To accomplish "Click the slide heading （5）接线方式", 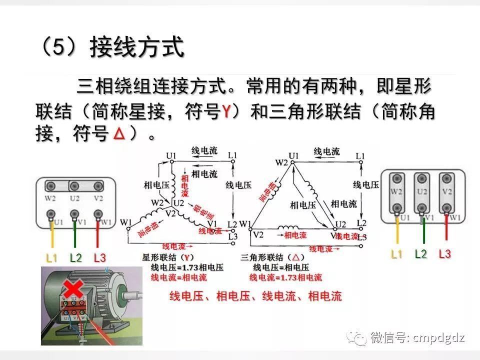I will pyautogui.click(x=112, y=48).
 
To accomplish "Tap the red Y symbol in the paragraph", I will pyautogui.click(x=226, y=111).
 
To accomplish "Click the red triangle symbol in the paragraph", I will pyautogui.click(x=118, y=133).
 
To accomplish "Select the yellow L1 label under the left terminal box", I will pyautogui.click(x=51, y=258).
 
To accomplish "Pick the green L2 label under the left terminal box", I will pyautogui.click(x=75, y=258).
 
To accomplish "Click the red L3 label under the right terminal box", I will pyautogui.click(x=444, y=254).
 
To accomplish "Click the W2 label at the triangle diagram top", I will pyautogui.click(x=281, y=163).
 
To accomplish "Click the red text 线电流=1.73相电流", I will pyautogui.click(x=285, y=277).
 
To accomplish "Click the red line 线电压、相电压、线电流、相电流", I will pyautogui.click(x=255, y=296).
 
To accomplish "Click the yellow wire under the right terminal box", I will pyautogui.click(x=397, y=232).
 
